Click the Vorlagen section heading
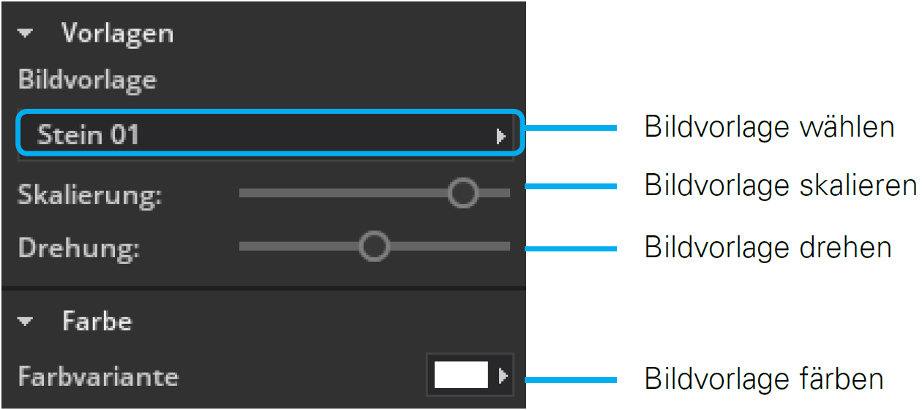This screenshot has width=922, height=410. pyautogui.click(x=117, y=34)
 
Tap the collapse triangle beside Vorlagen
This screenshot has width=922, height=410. pyautogui.click(x=26, y=34)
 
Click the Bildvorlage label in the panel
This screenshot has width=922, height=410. pyautogui.click(x=87, y=79)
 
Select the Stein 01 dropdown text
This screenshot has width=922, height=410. pyautogui.click(x=88, y=134)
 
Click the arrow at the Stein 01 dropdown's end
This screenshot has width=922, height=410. pyautogui.click(x=501, y=135)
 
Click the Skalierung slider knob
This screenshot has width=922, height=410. pyautogui.click(x=462, y=193)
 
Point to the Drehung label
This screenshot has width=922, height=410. pyautogui.click(x=78, y=248)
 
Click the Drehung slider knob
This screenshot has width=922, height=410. pyautogui.click(x=375, y=247)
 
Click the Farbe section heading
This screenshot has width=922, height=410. pyautogui.click(x=97, y=321)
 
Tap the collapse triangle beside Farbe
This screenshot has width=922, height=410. pyautogui.click(x=26, y=321)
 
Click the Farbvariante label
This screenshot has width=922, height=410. pyautogui.click(x=98, y=376)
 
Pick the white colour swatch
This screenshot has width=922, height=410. pyautogui.click(x=461, y=376)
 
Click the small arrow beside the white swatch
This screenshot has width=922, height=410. pyautogui.click(x=503, y=376)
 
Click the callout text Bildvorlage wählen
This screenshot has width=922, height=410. pyautogui.click(x=768, y=127)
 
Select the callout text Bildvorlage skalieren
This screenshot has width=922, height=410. pyautogui.click(x=780, y=185)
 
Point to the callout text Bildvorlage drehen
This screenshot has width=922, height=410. pyautogui.click(x=768, y=247)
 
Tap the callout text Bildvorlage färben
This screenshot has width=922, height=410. pyautogui.click(x=763, y=379)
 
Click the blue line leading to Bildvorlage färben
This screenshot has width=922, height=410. pyautogui.click(x=571, y=379)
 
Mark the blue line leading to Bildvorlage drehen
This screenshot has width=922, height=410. pyautogui.click(x=571, y=248)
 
